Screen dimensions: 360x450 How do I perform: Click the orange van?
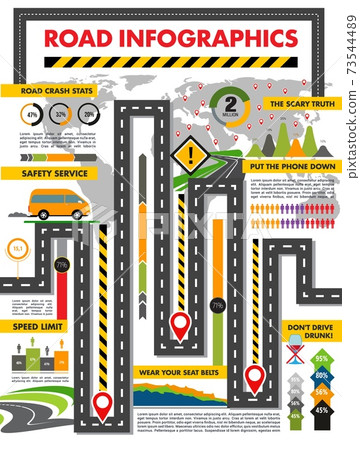click(59, 204)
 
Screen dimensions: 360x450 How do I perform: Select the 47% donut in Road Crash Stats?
click(32, 115)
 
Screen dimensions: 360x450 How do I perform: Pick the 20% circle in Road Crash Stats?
click(90, 115)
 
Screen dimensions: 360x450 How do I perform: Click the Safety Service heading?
click(47, 173)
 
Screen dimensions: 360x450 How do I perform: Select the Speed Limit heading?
click(38, 326)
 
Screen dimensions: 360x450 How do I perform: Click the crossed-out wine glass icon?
click(296, 352)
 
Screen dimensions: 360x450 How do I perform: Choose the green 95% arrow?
click(321, 357)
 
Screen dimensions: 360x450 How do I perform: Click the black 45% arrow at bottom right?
click(321, 409)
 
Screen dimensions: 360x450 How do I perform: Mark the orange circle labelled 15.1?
click(18, 247)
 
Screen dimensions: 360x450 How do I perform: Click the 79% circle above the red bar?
click(61, 265)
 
